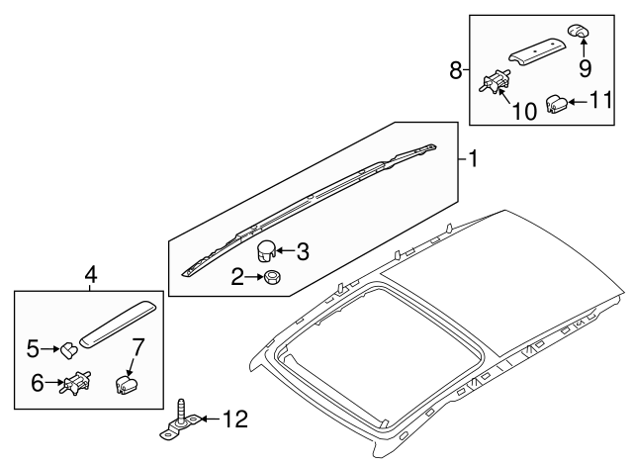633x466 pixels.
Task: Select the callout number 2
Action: click(238, 278)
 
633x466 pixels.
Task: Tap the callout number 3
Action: click(303, 252)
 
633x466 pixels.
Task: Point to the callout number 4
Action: click(90, 274)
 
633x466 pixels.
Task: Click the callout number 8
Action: click(456, 70)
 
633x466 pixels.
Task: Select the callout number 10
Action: click(525, 111)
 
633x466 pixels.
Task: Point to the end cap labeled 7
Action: click(126, 384)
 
